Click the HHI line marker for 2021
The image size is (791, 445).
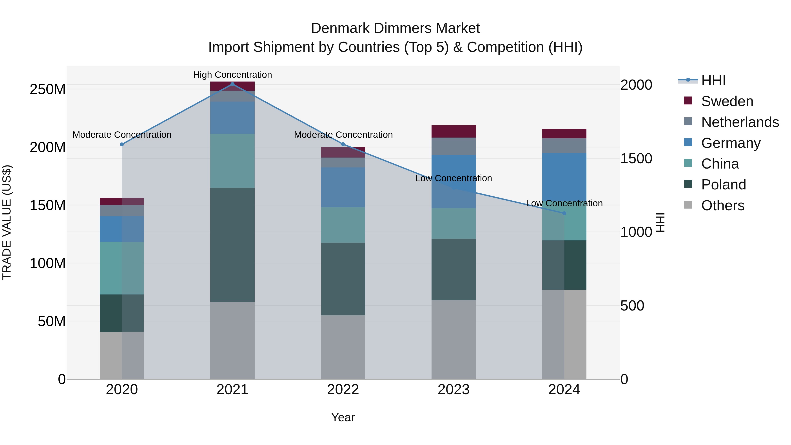click(x=232, y=84)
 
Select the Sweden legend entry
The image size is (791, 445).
click(x=727, y=101)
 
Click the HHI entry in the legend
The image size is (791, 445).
click(x=713, y=80)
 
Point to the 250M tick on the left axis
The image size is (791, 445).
click(x=48, y=89)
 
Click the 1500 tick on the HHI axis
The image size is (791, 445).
click(x=636, y=158)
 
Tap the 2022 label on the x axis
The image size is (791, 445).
click(x=343, y=390)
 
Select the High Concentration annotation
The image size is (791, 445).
click(x=232, y=75)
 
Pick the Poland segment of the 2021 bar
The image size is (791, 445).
click(x=232, y=245)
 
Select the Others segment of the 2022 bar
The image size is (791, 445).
click(x=343, y=347)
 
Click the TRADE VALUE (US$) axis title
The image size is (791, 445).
click(x=7, y=222)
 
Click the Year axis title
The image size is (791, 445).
click(x=343, y=417)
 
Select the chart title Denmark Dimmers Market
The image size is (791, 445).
click(x=395, y=28)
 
